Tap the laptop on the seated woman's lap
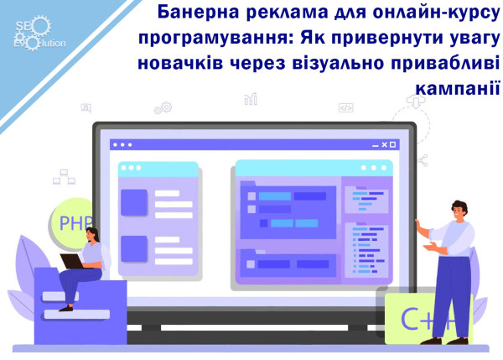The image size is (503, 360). tap(72, 261)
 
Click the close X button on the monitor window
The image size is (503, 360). tap(398, 143)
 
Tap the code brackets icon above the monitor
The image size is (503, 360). tap(345, 107)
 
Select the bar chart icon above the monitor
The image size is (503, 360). tap(251, 100)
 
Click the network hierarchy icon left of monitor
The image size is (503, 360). tap(61, 177)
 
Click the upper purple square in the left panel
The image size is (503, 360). tap(133, 201)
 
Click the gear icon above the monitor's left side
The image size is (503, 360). tap(163, 107)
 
